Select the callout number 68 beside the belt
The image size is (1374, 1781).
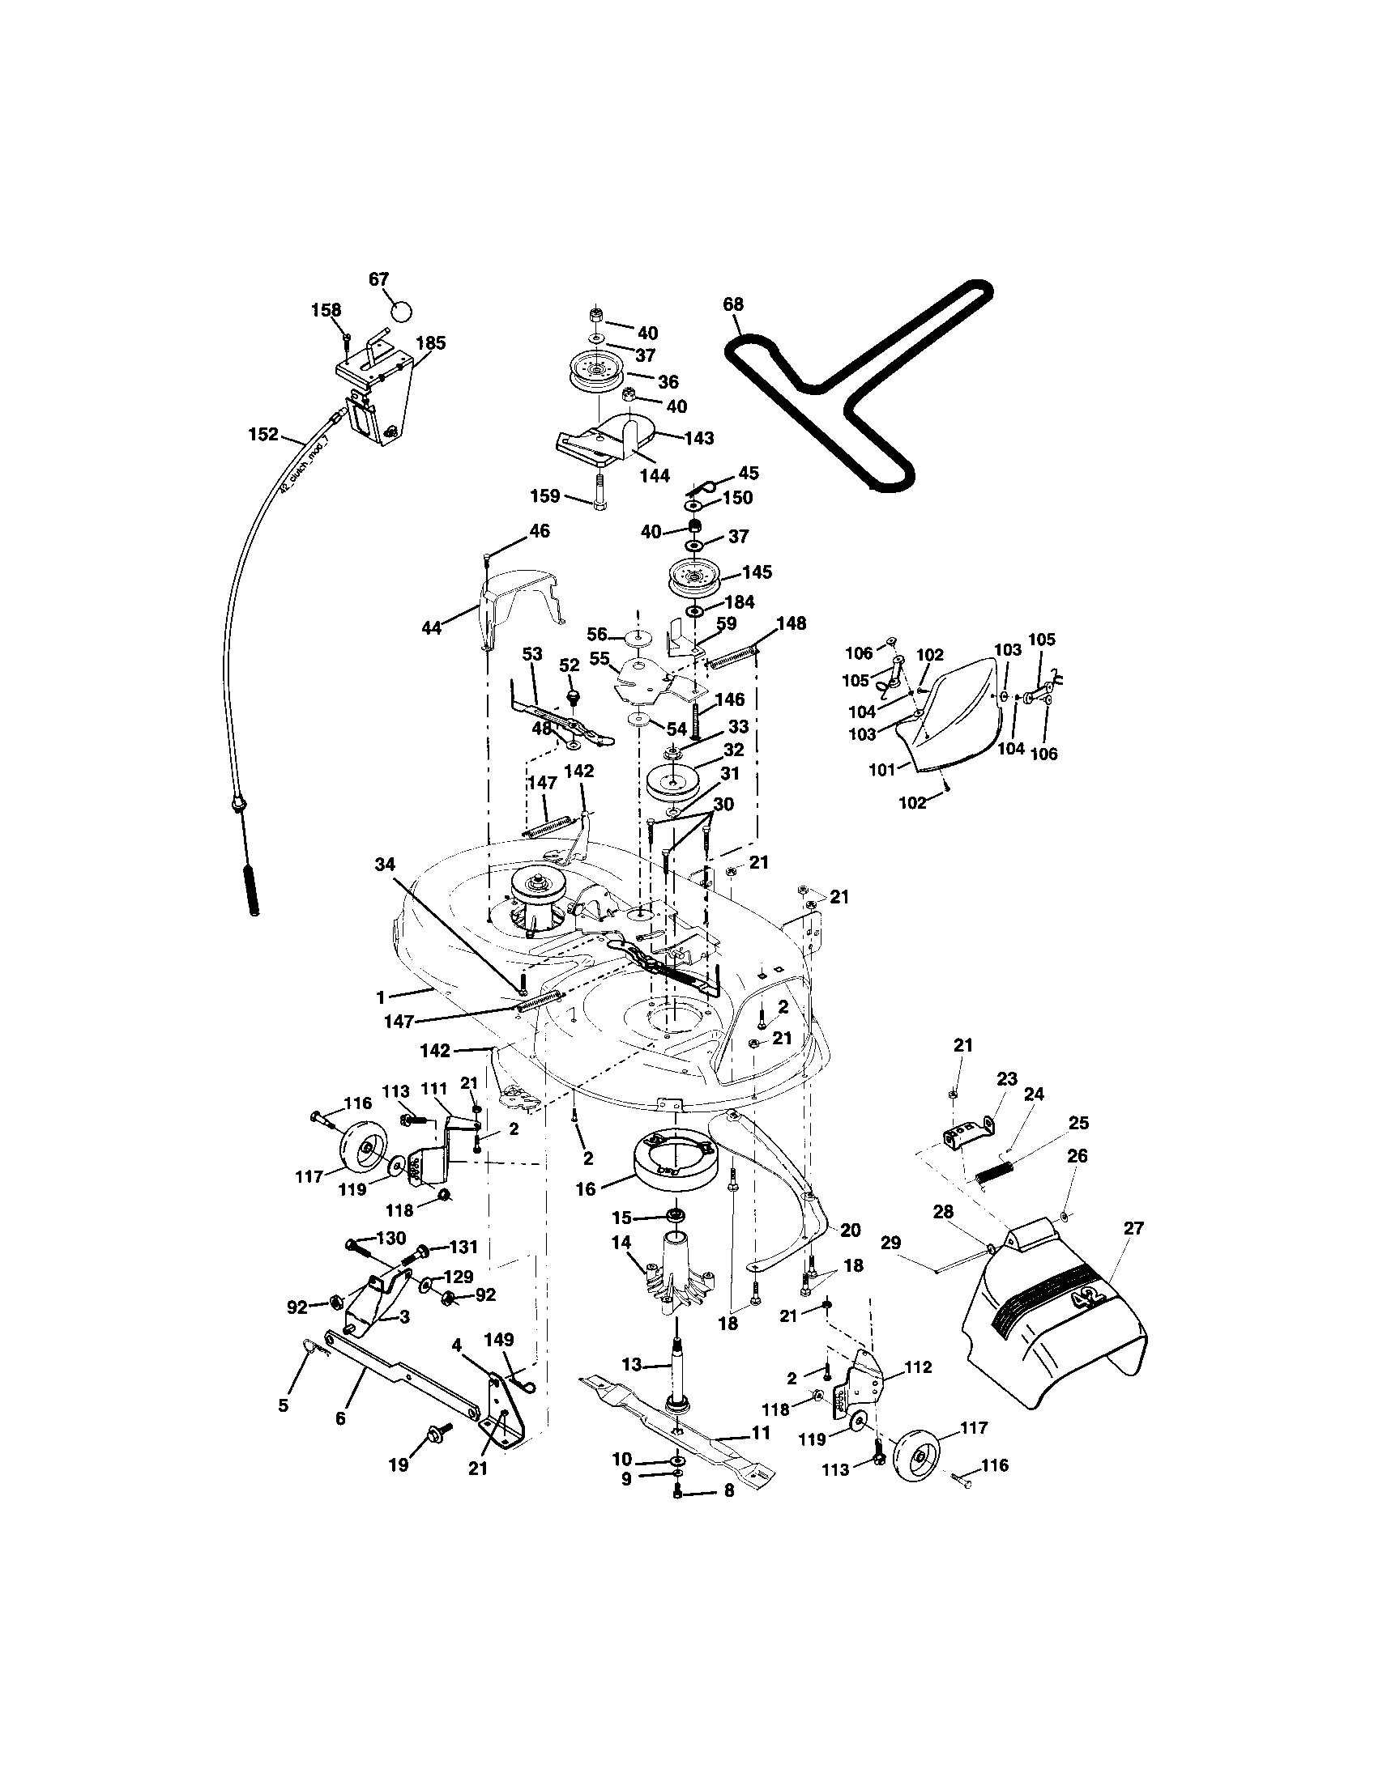coord(732,304)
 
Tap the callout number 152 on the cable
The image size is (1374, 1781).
coord(262,435)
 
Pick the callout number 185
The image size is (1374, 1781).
coord(431,342)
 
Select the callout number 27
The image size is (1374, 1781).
coord(1133,1228)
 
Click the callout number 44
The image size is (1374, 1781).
coord(431,627)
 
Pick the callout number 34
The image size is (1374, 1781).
coord(384,863)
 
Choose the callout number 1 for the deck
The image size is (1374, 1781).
coord(380,996)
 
